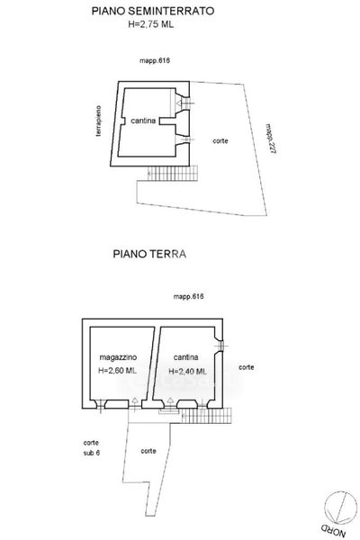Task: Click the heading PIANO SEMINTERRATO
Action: [153, 11]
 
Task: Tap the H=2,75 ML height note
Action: [151, 24]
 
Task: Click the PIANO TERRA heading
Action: [149, 254]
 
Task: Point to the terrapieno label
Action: [98, 121]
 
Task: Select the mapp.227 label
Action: [271, 139]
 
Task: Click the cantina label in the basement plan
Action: [143, 121]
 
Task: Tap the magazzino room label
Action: [118, 357]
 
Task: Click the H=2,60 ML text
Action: [118, 371]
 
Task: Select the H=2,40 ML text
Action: [187, 371]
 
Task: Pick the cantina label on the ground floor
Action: [185, 357]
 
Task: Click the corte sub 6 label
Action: [91, 447]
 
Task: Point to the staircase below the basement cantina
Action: [173, 173]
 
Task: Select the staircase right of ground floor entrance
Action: [206, 416]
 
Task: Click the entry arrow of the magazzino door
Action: [135, 401]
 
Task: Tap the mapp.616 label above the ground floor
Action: [188, 296]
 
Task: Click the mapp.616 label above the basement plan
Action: [155, 60]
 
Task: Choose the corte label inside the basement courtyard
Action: [220, 140]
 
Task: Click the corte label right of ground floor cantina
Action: [247, 367]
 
